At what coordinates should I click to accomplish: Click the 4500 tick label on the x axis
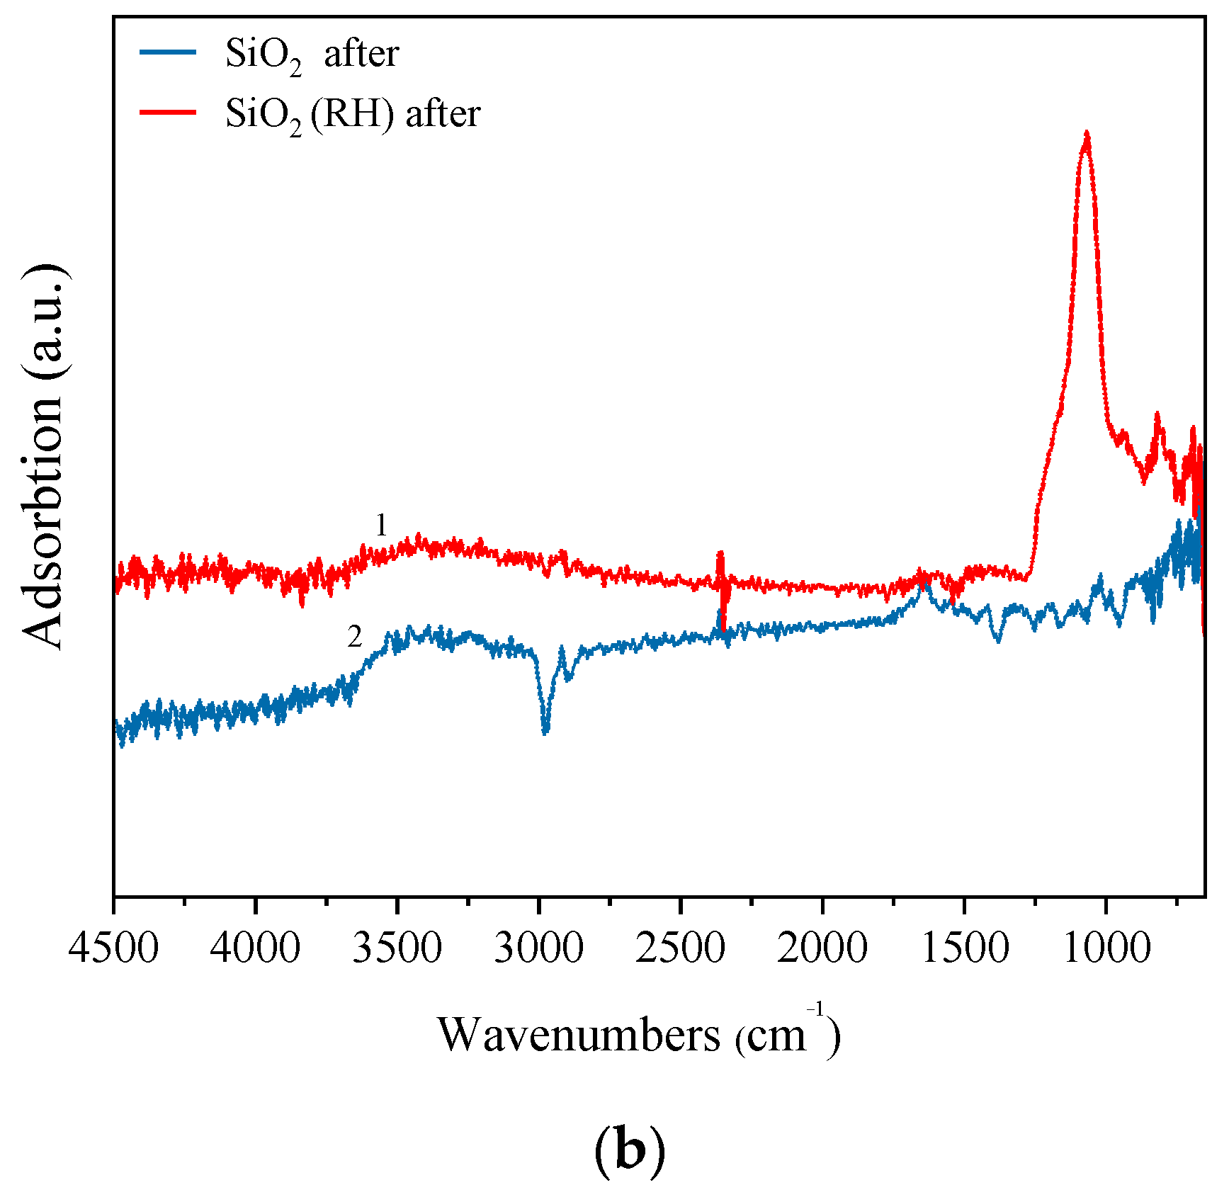(x=113, y=948)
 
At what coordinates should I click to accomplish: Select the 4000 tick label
(x=255, y=948)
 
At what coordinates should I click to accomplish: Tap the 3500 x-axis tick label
(x=397, y=948)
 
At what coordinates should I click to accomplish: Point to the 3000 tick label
(x=538, y=948)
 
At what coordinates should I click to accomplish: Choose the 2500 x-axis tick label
(x=680, y=948)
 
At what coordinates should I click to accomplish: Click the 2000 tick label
(x=822, y=948)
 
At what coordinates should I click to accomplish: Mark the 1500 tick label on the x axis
(x=965, y=948)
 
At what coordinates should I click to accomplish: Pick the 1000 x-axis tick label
(x=1106, y=948)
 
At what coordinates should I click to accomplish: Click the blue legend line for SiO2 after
(x=168, y=52)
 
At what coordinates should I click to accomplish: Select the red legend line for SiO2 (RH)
(x=168, y=112)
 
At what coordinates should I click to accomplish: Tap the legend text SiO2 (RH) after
(x=353, y=113)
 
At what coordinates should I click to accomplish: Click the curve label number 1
(x=381, y=526)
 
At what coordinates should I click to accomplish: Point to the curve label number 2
(x=354, y=637)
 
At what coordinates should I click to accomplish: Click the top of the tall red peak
(x=1086, y=135)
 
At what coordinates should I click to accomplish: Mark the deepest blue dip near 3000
(x=545, y=730)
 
